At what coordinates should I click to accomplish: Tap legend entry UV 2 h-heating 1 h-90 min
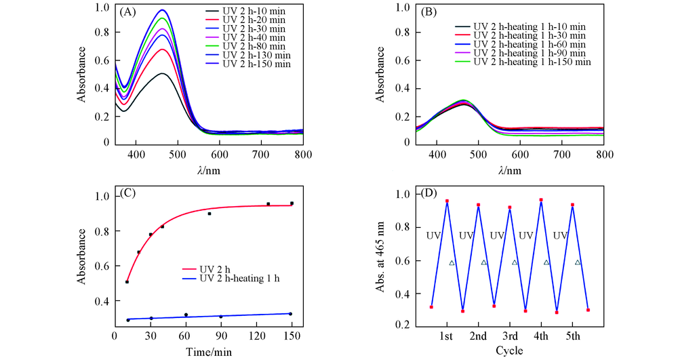point(531,53)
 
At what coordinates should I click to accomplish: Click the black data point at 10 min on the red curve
point(127,281)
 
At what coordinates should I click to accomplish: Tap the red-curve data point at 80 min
point(210,214)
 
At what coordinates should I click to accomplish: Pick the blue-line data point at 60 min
point(186,315)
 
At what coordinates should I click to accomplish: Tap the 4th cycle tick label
point(541,337)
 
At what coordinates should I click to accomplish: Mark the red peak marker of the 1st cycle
point(447,201)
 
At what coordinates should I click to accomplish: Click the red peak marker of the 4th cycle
point(541,200)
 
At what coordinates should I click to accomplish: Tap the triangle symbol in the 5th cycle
point(578,262)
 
